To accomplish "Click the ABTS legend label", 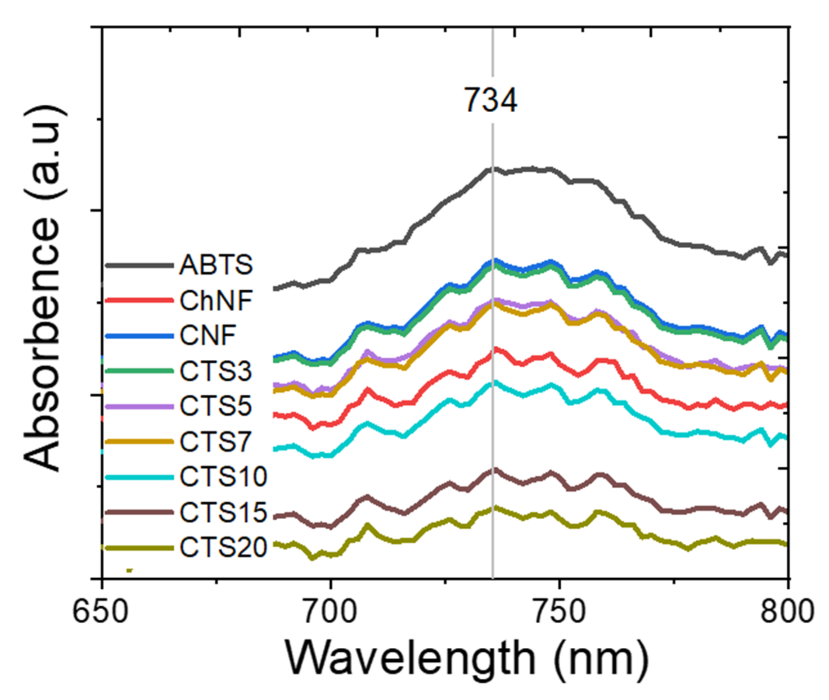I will click(216, 265).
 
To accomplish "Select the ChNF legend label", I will click(216, 300).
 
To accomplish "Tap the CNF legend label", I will click(208, 336).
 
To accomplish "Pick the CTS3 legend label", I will click(216, 371).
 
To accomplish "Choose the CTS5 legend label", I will click(216, 406).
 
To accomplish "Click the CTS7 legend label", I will click(216, 442).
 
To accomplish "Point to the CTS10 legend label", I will click(223, 477).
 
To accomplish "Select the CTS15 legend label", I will click(223, 512).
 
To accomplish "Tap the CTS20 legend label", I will click(223, 547).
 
